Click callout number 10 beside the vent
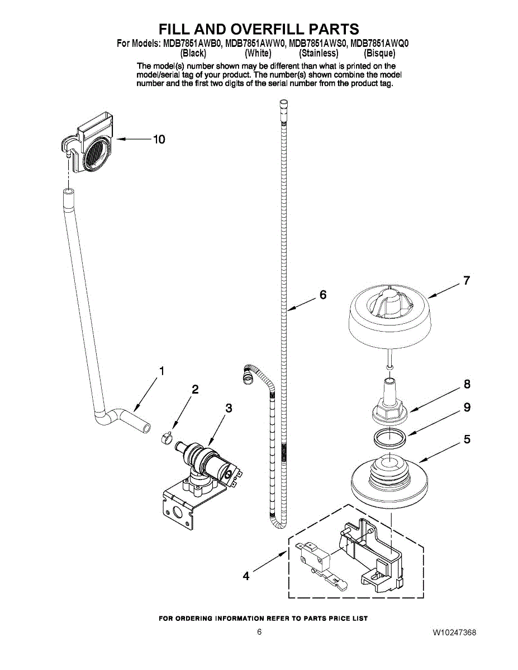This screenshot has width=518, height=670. (159, 140)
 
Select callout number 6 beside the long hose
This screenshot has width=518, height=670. (322, 295)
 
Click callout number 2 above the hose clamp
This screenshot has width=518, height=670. (195, 390)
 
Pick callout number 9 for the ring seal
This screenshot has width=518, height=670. (467, 408)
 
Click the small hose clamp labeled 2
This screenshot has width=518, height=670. (165, 439)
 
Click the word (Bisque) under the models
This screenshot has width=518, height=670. (379, 54)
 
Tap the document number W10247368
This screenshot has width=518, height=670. (454, 633)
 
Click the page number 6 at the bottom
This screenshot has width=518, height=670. (259, 632)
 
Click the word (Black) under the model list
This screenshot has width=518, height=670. (193, 54)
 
